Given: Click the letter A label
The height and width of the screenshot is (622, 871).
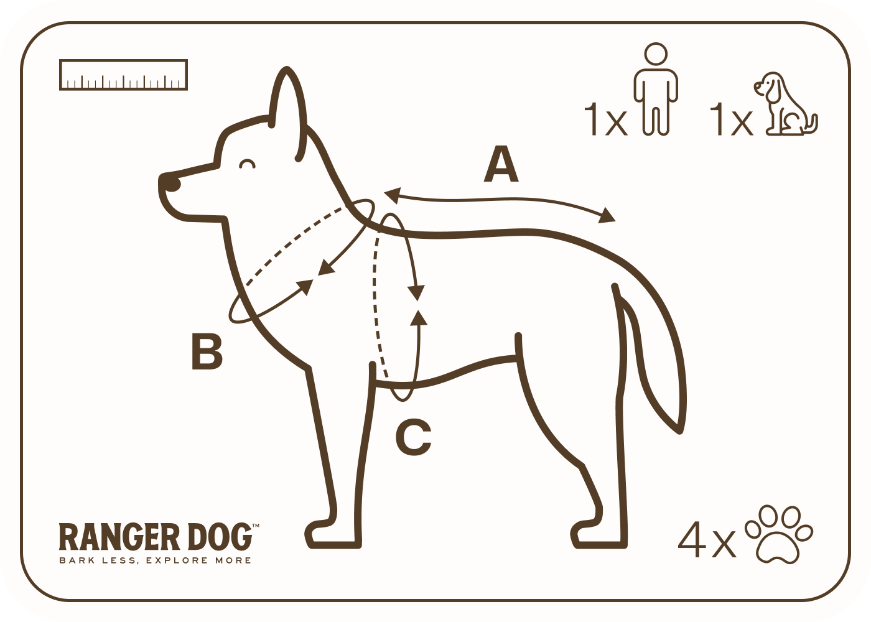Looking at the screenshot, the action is pos(501,164).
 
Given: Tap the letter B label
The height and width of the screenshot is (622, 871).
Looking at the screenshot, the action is pos(207,351).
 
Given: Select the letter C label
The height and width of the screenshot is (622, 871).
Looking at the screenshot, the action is pos(413,437).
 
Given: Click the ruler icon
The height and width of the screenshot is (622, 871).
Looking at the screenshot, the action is pos(124,75).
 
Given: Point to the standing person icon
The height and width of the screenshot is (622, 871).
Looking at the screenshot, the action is pos(656,89).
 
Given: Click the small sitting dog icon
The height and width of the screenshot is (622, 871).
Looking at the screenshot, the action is pos(785,104).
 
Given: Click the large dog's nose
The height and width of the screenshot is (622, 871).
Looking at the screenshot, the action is pos(172,184).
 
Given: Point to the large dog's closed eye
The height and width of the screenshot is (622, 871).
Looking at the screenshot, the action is pos(248,164).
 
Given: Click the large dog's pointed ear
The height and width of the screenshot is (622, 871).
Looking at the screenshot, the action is pos(287,113).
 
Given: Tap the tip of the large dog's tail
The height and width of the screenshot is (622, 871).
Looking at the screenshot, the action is pos(681,430).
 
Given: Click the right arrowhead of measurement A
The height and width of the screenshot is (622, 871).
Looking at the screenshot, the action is pos(607,216).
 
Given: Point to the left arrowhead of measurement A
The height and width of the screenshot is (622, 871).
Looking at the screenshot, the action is pos(392,195).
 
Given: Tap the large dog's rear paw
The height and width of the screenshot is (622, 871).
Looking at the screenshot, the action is pos(599,535).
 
